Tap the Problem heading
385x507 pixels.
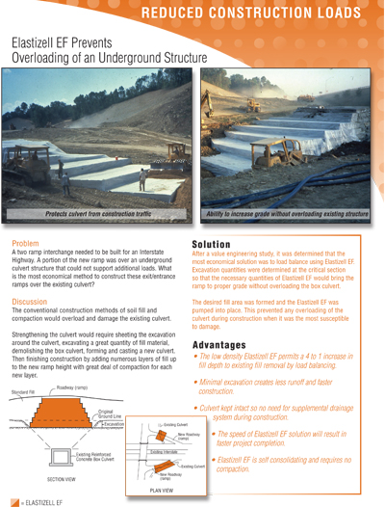coord(25,245)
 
